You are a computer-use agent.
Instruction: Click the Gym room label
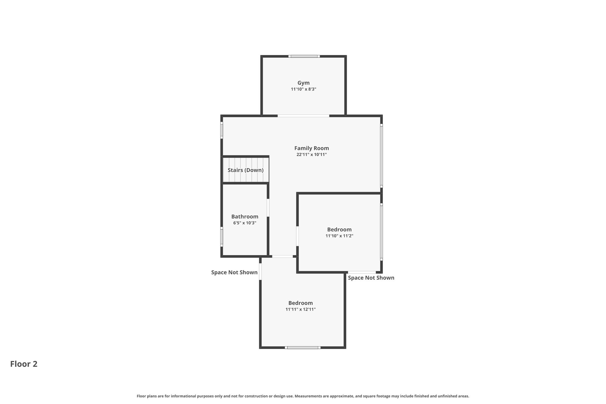pos(304,83)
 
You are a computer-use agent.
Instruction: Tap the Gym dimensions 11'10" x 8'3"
pos(304,89)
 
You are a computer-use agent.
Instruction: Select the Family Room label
pos(312,148)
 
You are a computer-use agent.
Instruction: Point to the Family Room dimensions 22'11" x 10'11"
pos(312,154)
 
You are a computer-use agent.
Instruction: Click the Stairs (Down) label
pos(246,170)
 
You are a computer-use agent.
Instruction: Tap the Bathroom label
pos(245,217)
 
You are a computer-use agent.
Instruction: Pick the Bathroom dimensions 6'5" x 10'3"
pos(245,223)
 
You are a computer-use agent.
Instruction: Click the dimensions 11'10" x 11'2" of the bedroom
pos(339,236)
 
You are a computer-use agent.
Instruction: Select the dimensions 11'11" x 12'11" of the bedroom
pos(301,309)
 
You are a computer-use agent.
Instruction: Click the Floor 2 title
pos(24,364)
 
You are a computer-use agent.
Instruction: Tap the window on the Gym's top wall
pos(304,56)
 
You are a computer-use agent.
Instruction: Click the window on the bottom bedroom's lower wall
pos(303,347)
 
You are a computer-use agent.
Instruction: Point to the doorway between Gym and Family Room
pos(303,116)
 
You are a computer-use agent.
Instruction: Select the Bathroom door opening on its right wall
pos(268,208)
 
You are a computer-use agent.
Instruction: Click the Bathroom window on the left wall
pos(222,237)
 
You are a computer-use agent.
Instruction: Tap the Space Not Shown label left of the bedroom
pos(234,273)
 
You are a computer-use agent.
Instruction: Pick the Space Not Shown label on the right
pos(371,278)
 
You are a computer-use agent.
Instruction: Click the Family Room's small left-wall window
pos(222,130)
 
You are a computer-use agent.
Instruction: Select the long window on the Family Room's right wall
pos(381,156)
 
